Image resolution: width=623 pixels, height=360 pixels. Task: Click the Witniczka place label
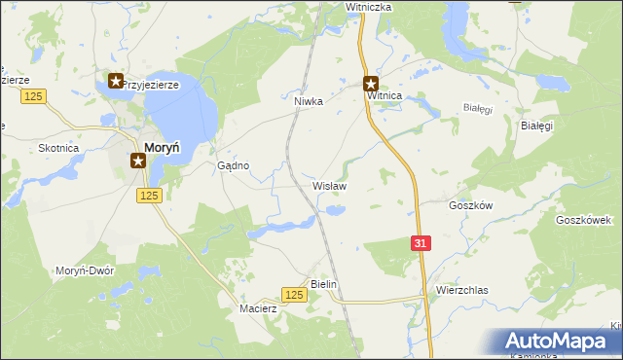point(368,7)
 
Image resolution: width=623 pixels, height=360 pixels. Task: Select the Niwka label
point(308,100)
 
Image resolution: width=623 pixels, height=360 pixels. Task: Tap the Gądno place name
point(234,165)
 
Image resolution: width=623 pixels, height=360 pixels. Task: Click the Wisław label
point(329,185)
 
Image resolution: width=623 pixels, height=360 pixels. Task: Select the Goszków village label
point(471,205)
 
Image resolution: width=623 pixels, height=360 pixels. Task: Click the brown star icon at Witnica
point(371,84)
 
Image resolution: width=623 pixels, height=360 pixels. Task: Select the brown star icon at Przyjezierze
point(116,82)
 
